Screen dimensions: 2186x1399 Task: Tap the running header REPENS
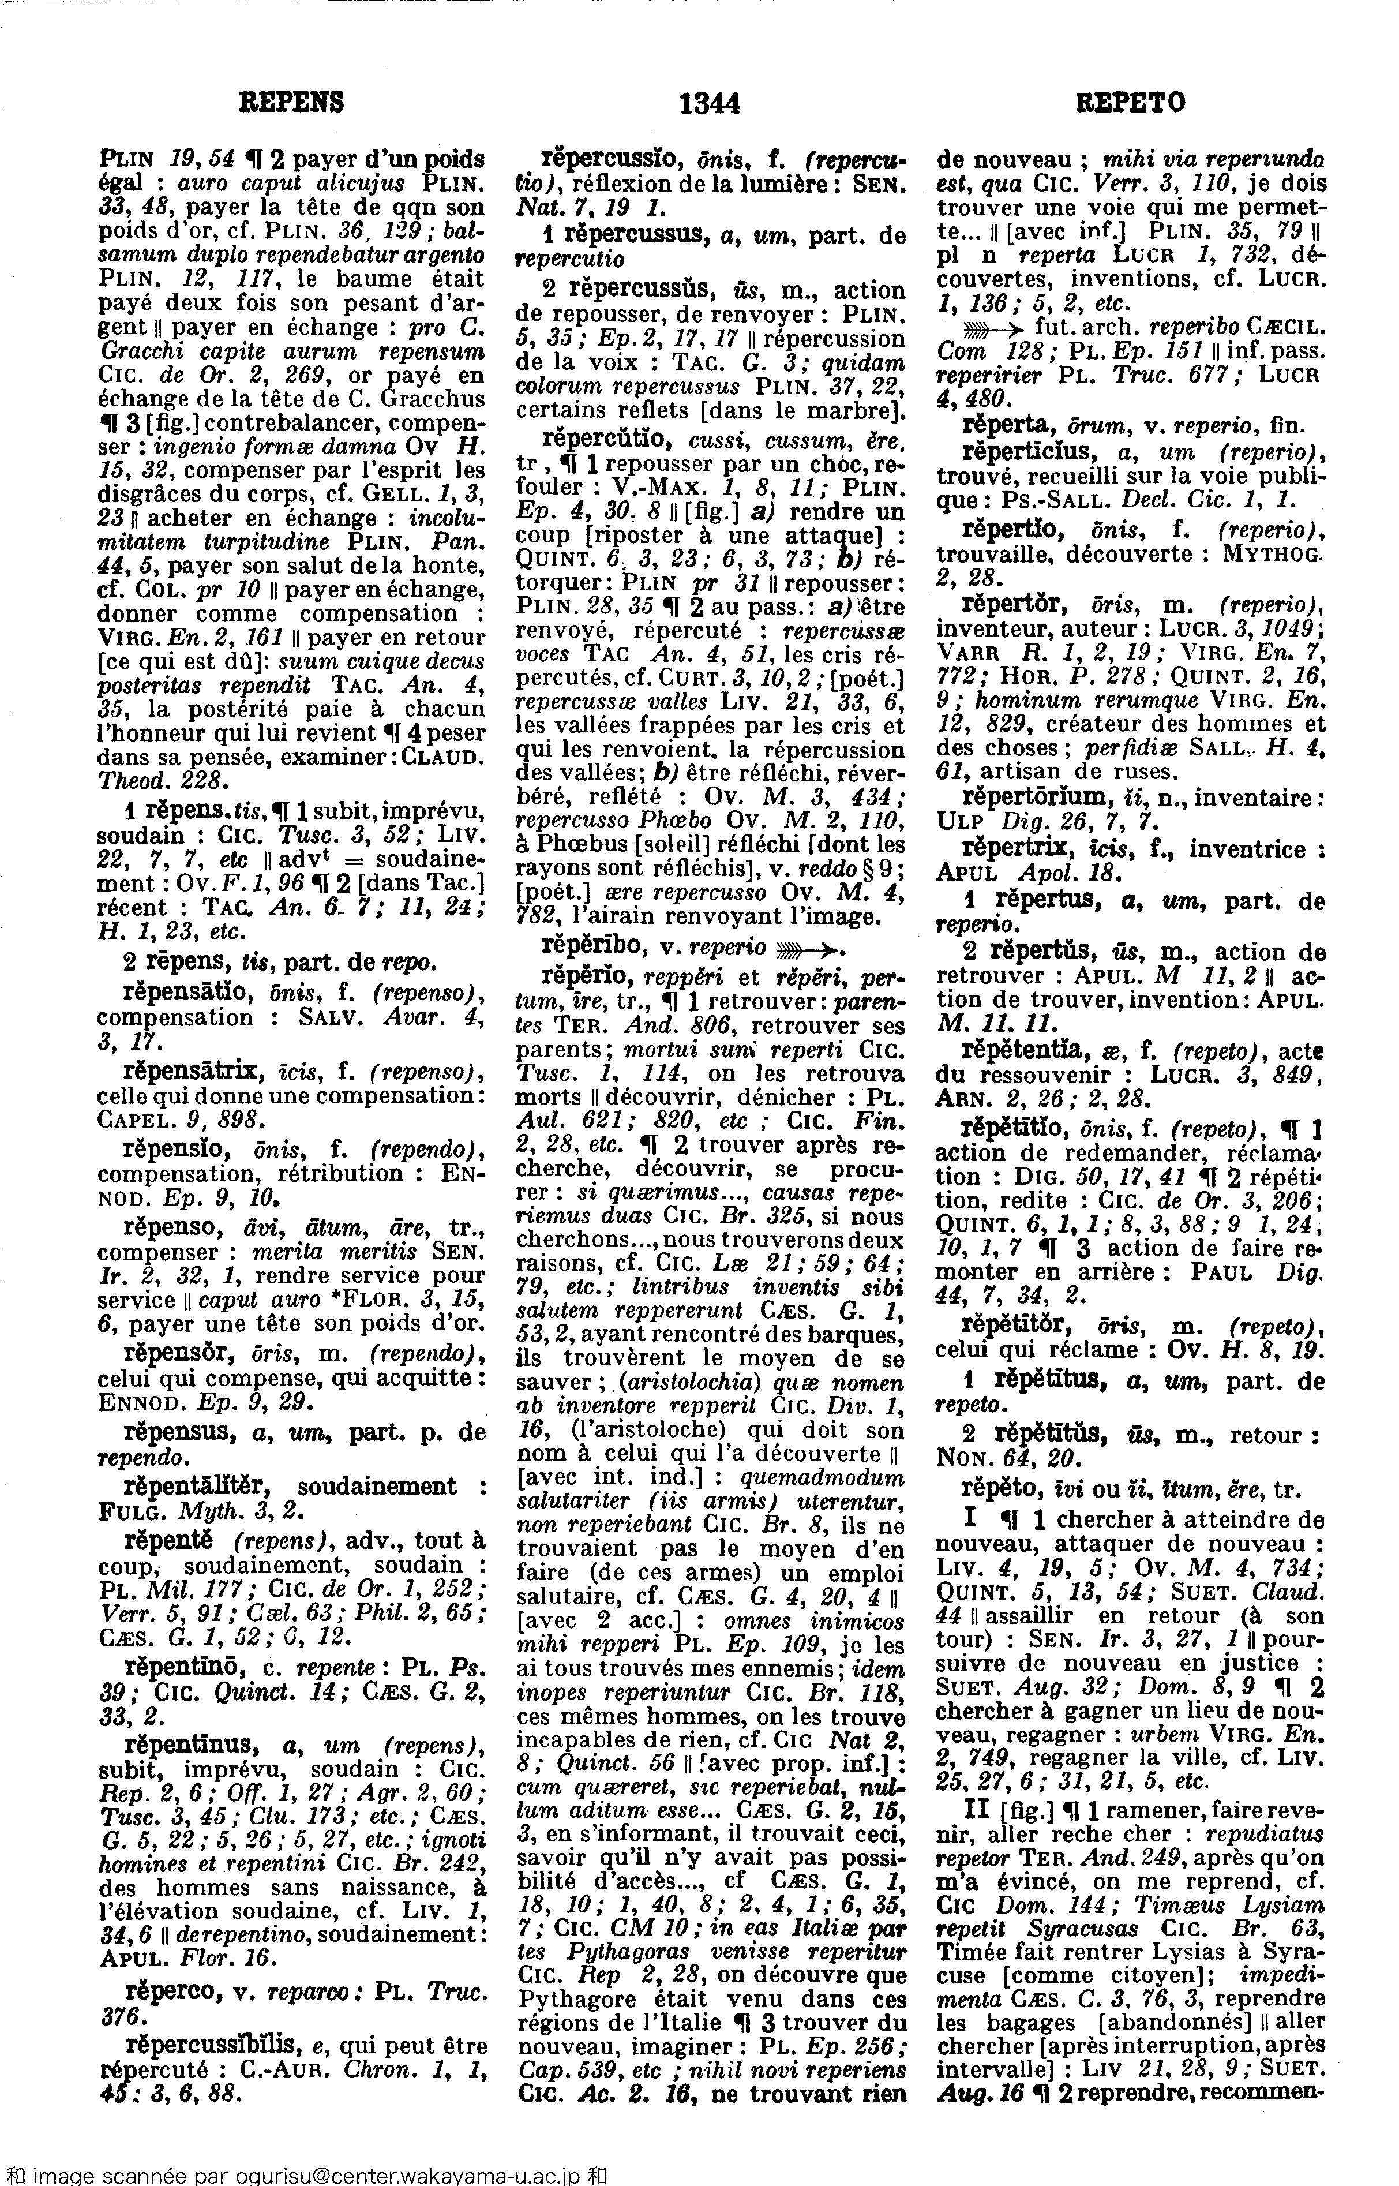[291, 103]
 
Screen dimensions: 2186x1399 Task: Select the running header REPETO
[1130, 103]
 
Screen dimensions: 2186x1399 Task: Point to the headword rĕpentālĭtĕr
[197, 1487]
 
